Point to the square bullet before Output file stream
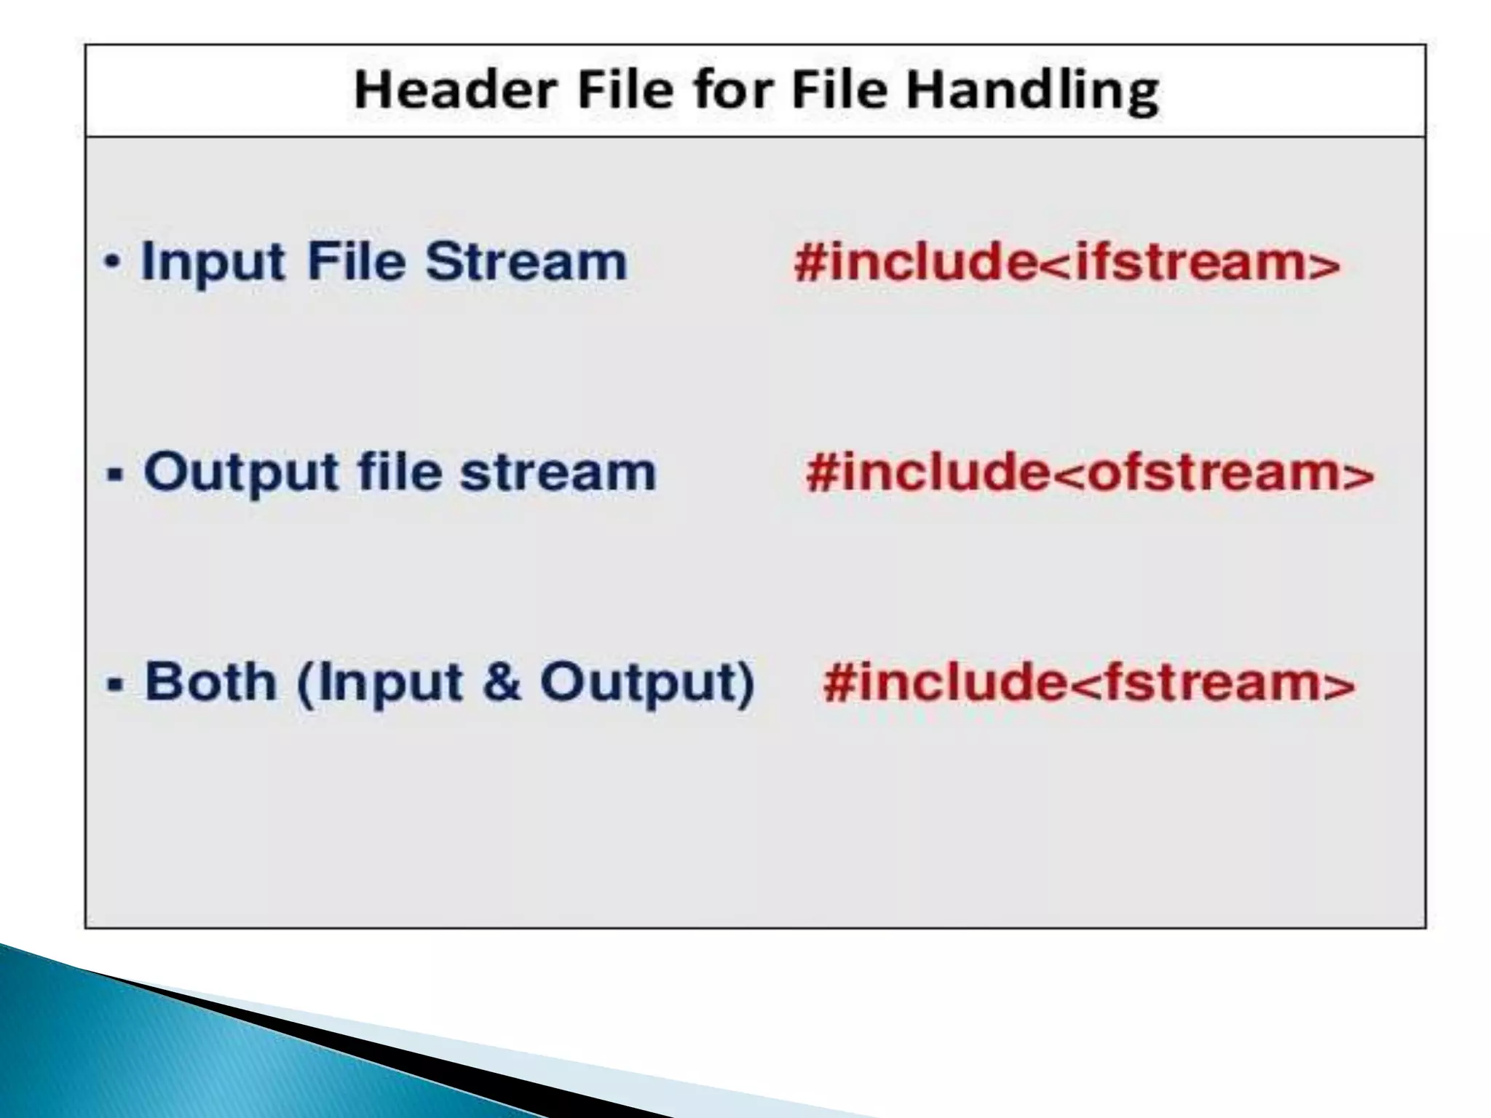pos(115,475)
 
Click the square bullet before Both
pos(115,685)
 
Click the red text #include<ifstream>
pos(1067,262)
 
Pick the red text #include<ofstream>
pos(1090,473)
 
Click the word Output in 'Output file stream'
pos(241,473)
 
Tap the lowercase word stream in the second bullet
pos(558,473)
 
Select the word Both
pos(210,682)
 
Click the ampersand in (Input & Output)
pos(502,682)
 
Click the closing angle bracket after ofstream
pos(1357,475)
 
